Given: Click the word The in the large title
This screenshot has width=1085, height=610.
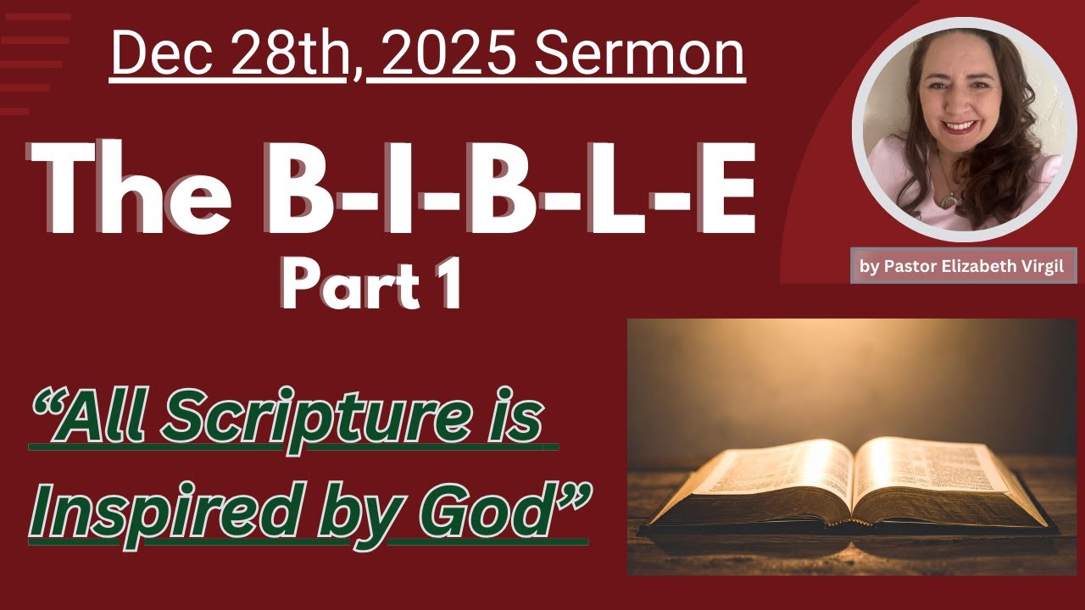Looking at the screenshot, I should [136, 191].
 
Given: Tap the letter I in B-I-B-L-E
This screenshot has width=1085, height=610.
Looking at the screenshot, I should [390, 191].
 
